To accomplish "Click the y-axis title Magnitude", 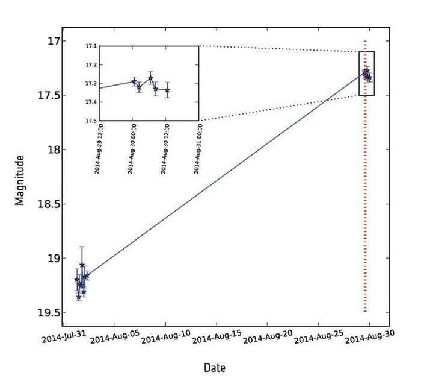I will tap(20, 180).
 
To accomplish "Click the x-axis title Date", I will tap(215, 367).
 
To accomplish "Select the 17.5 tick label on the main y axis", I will tap(47, 95).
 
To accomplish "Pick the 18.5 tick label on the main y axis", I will tap(47, 204).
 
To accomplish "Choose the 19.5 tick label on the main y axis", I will tap(47, 313).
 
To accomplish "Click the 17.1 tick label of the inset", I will tap(91, 46).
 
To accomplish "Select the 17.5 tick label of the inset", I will tap(91, 121).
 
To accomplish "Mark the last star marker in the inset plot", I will tap(167, 90).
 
